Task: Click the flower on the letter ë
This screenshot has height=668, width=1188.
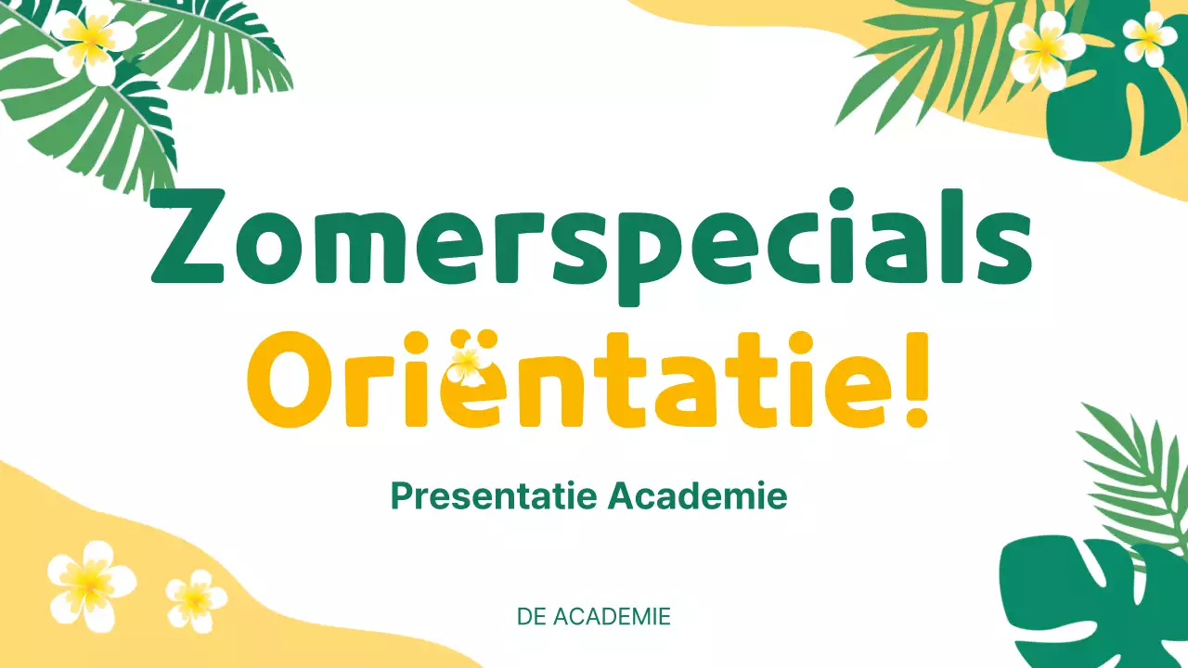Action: (x=467, y=365)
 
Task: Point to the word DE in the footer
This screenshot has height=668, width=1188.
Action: (x=531, y=617)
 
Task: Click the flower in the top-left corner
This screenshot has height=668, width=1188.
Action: (x=91, y=39)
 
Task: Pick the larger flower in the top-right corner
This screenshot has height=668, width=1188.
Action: (x=1045, y=48)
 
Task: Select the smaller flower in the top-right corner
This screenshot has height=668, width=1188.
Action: (x=1149, y=37)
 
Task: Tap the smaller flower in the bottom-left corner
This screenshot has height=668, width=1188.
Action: (x=195, y=599)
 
